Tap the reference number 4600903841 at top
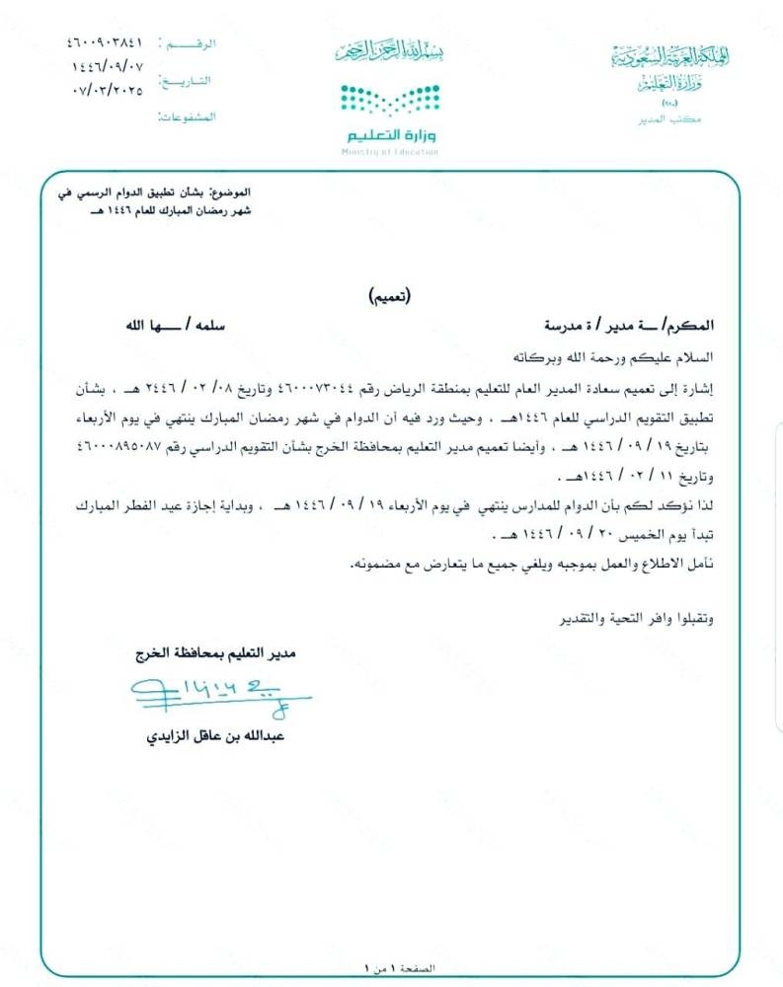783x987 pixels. click(x=106, y=43)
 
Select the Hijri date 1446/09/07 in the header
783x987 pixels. click(x=106, y=67)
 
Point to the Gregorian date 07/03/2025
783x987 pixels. click(x=108, y=91)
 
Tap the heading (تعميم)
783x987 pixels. click(x=391, y=295)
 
